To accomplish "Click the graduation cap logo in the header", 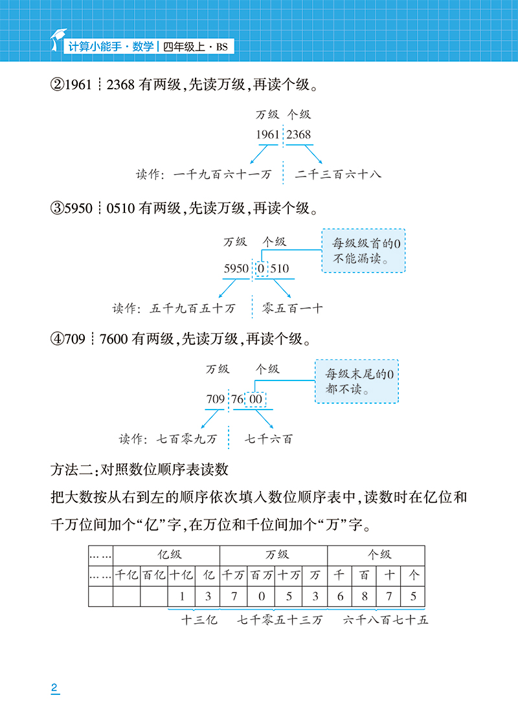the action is [58, 40].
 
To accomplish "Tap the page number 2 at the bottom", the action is [54, 688].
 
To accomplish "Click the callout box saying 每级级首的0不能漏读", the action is [364, 250].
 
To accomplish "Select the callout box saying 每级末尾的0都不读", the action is [357, 381].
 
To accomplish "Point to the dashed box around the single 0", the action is [262, 269].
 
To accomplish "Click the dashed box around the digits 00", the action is [255, 400].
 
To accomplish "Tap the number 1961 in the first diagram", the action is [267, 135].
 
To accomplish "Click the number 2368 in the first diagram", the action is [298, 135].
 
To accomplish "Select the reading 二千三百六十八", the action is [338, 175].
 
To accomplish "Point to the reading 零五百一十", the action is [293, 309].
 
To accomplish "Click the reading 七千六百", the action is [269, 439].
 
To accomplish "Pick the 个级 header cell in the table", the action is [376, 555].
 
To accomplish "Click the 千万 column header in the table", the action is [234, 575].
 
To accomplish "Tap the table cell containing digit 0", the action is [262, 597].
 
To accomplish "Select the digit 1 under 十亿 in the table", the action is [182, 597].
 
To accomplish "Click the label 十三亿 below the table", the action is [199, 620].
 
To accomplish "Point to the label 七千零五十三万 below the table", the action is [279, 620].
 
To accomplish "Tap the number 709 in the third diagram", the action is [216, 400].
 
